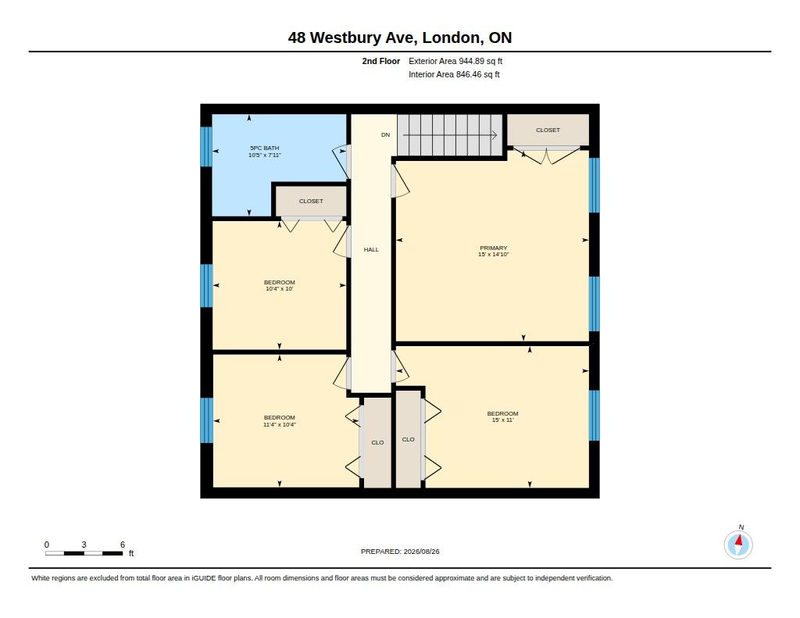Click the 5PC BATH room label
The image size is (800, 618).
[x=264, y=148]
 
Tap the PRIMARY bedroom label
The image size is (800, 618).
[x=494, y=248]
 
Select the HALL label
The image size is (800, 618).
[x=371, y=249]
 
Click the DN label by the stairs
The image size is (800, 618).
[x=386, y=134]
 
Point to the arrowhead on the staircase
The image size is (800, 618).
[x=495, y=135]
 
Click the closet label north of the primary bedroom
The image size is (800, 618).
[x=548, y=130]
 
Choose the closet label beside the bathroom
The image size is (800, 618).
[x=311, y=201]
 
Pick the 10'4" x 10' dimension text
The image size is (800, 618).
[x=280, y=289]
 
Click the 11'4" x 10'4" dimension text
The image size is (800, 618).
[x=280, y=424]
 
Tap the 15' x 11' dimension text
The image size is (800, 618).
[x=502, y=420]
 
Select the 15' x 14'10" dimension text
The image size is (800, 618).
[x=494, y=254]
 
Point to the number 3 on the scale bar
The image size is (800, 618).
[x=84, y=545]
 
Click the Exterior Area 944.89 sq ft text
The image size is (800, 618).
[x=455, y=61]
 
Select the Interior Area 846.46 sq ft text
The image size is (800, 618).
[x=454, y=74]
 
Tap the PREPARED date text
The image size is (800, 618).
[x=400, y=552]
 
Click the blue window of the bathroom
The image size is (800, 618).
[x=206, y=146]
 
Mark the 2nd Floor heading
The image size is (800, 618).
[x=381, y=61]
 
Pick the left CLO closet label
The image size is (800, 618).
[x=377, y=442]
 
